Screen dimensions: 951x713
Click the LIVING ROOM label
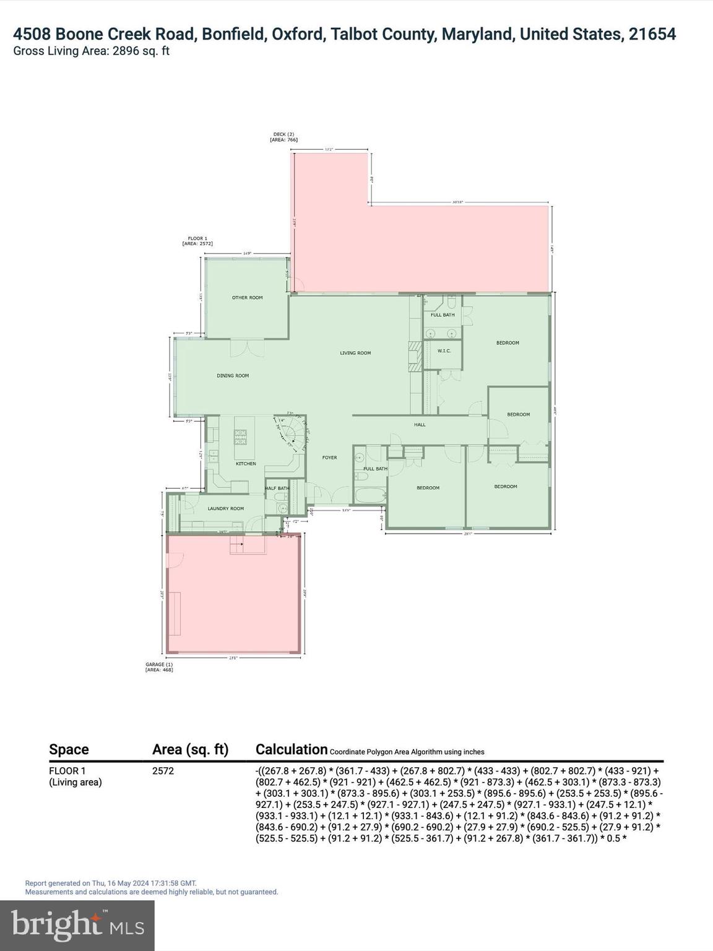[x=355, y=353]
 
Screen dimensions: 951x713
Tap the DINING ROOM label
[x=233, y=376]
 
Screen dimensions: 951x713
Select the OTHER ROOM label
[x=248, y=298]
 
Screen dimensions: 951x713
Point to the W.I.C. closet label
[x=444, y=351]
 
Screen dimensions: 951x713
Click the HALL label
[x=420, y=425]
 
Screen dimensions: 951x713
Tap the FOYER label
[x=329, y=458]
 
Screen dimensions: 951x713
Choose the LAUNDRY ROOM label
[x=225, y=509]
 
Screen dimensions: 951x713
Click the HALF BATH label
[x=277, y=489]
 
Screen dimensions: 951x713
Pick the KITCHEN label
[x=246, y=464]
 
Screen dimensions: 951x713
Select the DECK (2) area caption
[x=283, y=137]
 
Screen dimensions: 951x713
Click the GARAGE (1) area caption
[x=159, y=667]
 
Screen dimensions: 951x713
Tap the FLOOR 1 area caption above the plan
[x=197, y=241]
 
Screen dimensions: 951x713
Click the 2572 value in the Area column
[x=163, y=771]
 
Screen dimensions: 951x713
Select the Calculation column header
[x=291, y=750]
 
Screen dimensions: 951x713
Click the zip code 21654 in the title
[x=652, y=34]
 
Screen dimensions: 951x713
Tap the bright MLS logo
[x=77, y=925]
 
